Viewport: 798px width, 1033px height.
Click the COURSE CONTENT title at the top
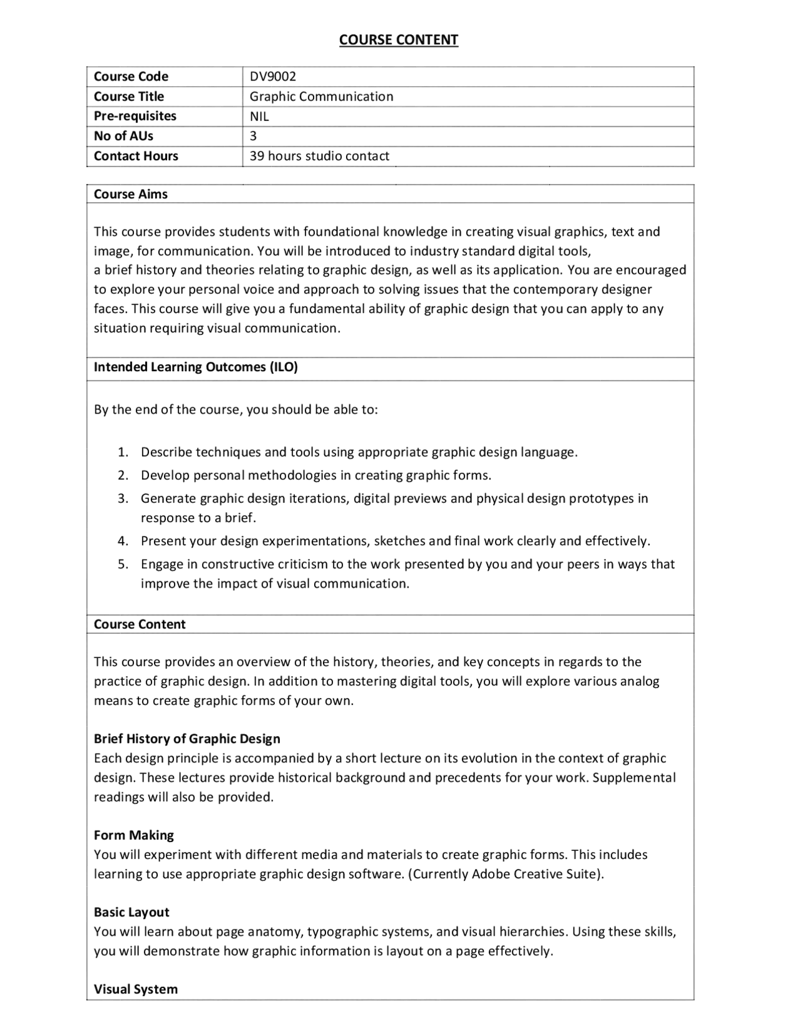[x=398, y=40]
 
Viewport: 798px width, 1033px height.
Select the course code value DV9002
[x=272, y=76]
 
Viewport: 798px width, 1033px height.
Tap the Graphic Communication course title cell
[x=321, y=96]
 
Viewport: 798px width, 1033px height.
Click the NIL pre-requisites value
[x=259, y=116]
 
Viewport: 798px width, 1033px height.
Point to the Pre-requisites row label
[x=135, y=116]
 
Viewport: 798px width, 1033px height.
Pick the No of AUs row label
[x=123, y=136]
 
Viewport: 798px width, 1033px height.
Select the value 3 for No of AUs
[x=253, y=136]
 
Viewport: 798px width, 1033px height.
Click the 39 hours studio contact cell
[x=319, y=156]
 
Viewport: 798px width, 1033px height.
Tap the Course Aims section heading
[x=130, y=194]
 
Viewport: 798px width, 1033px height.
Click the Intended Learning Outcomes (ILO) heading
[x=195, y=367]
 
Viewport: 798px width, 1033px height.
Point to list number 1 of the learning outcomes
[x=123, y=452]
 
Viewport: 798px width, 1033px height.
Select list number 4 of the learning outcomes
[x=123, y=541]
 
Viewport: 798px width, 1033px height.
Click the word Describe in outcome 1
[x=166, y=452]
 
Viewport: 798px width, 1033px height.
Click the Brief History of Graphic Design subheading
[x=186, y=739]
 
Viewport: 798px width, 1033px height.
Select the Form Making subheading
[x=133, y=835]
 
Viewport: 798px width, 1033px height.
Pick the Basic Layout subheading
[x=131, y=912]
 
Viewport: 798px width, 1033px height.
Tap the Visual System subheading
[x=135, y=989]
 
